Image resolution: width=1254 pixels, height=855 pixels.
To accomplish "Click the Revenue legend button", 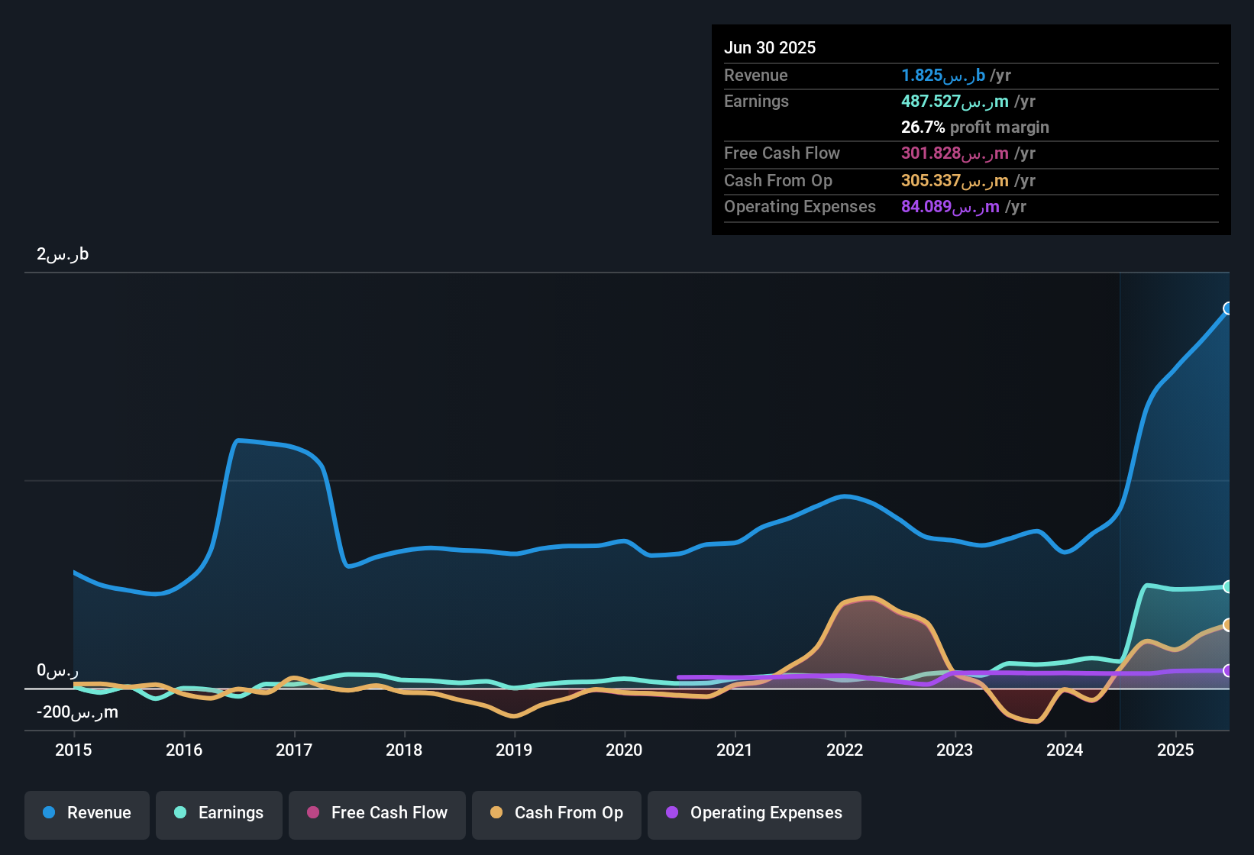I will click(x=87, y=813).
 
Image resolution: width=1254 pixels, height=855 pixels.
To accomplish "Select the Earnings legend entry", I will click(x=218, y=813).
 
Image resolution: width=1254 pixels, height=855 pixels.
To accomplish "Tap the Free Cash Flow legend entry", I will click(x=377, y=813).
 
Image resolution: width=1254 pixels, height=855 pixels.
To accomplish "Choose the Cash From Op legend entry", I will click(x=556, y=813).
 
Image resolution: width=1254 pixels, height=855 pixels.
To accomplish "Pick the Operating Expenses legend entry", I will click(x=754, y=813).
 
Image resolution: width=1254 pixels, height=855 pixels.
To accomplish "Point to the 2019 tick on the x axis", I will click(x=514, y=750).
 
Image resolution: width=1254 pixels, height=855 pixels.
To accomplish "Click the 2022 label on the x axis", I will click(x=845, y=750).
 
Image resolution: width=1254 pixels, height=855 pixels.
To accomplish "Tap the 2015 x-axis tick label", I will click(x=73, y=750).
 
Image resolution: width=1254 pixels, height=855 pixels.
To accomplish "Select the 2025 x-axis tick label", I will click(x=1175, y=750).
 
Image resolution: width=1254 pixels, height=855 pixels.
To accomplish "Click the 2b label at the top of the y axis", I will click(x=63, y=254).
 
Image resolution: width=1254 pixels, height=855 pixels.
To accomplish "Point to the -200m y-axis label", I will click(x=77, y=712).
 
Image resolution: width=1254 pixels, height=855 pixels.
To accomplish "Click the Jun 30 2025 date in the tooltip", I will click(x=770, y=47).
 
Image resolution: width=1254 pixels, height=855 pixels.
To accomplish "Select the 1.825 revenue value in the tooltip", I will click(x=943, y=75).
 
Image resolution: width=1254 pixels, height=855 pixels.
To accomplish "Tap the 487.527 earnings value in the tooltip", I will click(x=955, y=101).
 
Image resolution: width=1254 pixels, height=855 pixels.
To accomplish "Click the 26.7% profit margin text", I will click(x=974, y=127).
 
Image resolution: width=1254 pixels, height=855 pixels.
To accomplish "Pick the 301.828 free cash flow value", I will click(x=955, y=153).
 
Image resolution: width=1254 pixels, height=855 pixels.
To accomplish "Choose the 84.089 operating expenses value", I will click(x=950, y=206).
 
